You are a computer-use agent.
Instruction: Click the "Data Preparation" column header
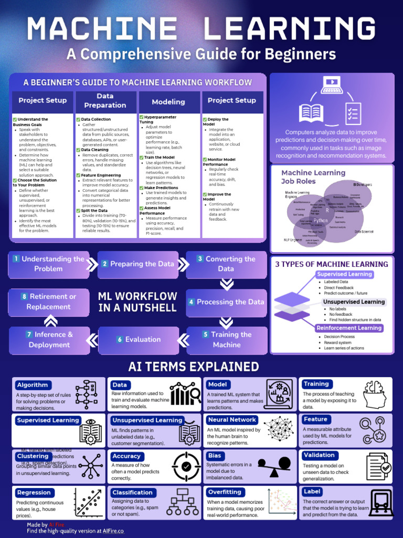click(x=105, y=100)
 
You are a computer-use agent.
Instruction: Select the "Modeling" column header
click(x=168, y=102)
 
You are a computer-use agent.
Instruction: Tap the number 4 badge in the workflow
click(x=192, y=302)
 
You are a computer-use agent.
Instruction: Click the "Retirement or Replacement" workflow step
click(x=48, y=302)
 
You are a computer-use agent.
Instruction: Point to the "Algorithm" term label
click(x=33, y=385)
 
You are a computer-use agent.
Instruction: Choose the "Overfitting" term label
click(x=225, y=492)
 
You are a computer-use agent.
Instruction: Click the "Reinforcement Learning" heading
click(x=349, y=328)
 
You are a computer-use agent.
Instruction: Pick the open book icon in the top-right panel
click(x=311, y=112)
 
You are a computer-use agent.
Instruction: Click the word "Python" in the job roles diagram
click(x=320, y=221)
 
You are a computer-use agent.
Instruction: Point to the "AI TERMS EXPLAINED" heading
click(x=194, y=366)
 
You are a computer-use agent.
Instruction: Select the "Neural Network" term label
click(x=232, y=420)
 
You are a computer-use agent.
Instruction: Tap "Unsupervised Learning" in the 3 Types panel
click(x=354, y=302)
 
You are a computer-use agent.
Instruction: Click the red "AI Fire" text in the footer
click(x=56, y=524)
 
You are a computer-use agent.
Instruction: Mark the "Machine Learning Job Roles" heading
click(x=313, y=177)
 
